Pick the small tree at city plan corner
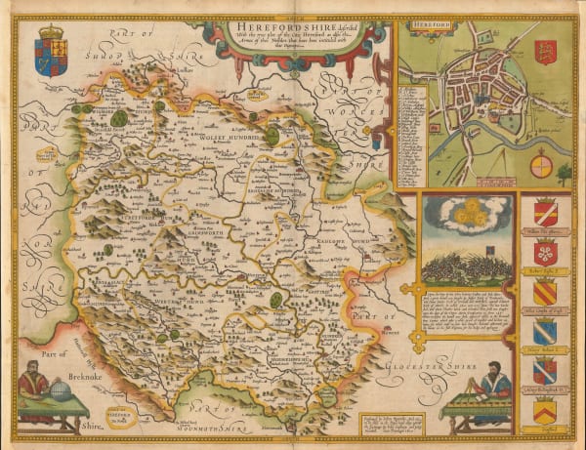coord(565,175)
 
